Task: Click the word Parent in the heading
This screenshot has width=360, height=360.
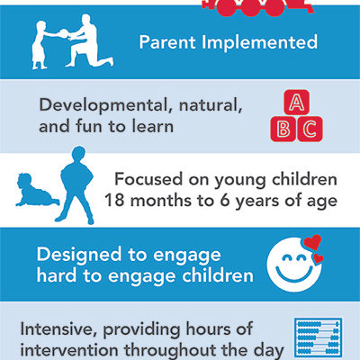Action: (x=167, y=42)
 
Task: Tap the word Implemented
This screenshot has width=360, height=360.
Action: (x=259, y=42)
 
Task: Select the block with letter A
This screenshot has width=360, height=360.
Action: (x=296, y=103)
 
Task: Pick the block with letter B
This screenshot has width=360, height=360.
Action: (x=283, y=129)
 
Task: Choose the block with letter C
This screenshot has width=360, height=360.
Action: (x=310, y=129)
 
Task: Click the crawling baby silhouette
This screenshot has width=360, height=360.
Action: (x=37, y=190)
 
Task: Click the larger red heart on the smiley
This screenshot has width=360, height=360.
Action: (x=312, y=242)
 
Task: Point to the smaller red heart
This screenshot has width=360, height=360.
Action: (x=318, y=258)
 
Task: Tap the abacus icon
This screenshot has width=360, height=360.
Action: (x=319, y=337)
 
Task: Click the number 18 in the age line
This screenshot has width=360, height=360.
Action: (x=114, y=201)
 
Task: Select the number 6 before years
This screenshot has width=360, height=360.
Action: (x=225, y=201)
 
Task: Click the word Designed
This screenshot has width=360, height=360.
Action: (x=79, y=255)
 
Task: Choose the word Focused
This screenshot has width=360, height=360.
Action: (x=148, y=179)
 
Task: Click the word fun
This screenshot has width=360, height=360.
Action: (x=88, y=126)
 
